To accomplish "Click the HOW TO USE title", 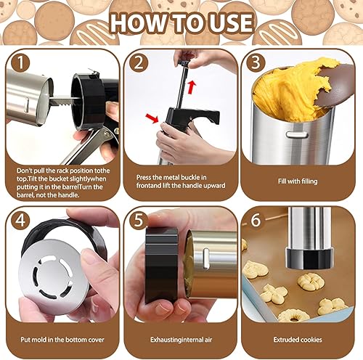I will [x=181, y=22].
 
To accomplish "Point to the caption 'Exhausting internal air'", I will [x=180, y=338].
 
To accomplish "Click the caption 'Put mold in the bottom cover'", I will [x=61, y=338].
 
